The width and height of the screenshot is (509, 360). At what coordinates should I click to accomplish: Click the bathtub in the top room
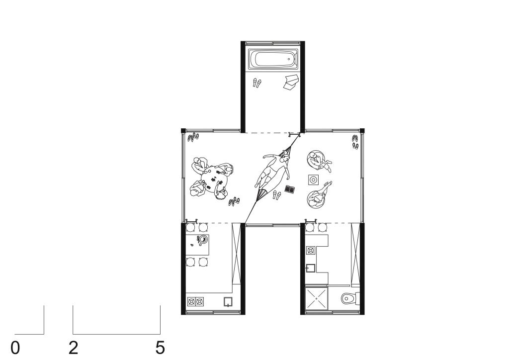(273, 59)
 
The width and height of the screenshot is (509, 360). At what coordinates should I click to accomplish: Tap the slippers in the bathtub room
(257, 83)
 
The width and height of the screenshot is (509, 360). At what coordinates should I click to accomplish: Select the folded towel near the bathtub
(291, 82)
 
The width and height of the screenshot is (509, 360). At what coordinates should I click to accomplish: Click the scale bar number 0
(15, 348)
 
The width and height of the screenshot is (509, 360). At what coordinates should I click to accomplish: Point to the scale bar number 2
(74, 348)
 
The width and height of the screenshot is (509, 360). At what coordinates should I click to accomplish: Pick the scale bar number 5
(160, 348)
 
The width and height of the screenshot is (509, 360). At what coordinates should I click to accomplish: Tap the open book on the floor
(290, 189)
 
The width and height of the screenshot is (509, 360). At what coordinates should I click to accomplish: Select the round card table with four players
(213, 179)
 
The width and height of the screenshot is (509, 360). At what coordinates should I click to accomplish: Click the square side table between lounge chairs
(313, 180)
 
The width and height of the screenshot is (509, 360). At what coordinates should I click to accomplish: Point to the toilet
(350, 298)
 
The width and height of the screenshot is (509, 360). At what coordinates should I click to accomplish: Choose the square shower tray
(317, 298)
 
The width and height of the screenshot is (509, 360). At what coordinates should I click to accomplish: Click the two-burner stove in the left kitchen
(195, 301)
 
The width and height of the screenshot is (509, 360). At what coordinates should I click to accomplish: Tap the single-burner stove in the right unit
(311, 251)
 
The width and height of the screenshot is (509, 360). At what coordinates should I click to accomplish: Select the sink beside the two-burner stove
(228, 302)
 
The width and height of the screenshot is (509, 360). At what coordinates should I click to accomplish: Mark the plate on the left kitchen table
(203, 240)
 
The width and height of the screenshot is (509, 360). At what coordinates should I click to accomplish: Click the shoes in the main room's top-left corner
(193, 137)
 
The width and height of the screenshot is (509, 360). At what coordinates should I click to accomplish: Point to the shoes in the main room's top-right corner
(355, 142)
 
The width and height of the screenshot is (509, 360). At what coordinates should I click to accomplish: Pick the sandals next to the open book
(276, 195)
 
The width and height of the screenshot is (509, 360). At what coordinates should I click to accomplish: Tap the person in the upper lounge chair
(320, 160)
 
